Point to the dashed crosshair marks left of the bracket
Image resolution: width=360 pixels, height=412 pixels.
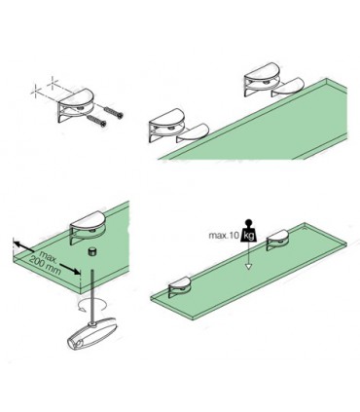(41, 94)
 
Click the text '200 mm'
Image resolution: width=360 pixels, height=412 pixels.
(42, 265)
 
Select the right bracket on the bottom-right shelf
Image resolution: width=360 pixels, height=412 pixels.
(277, 235)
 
